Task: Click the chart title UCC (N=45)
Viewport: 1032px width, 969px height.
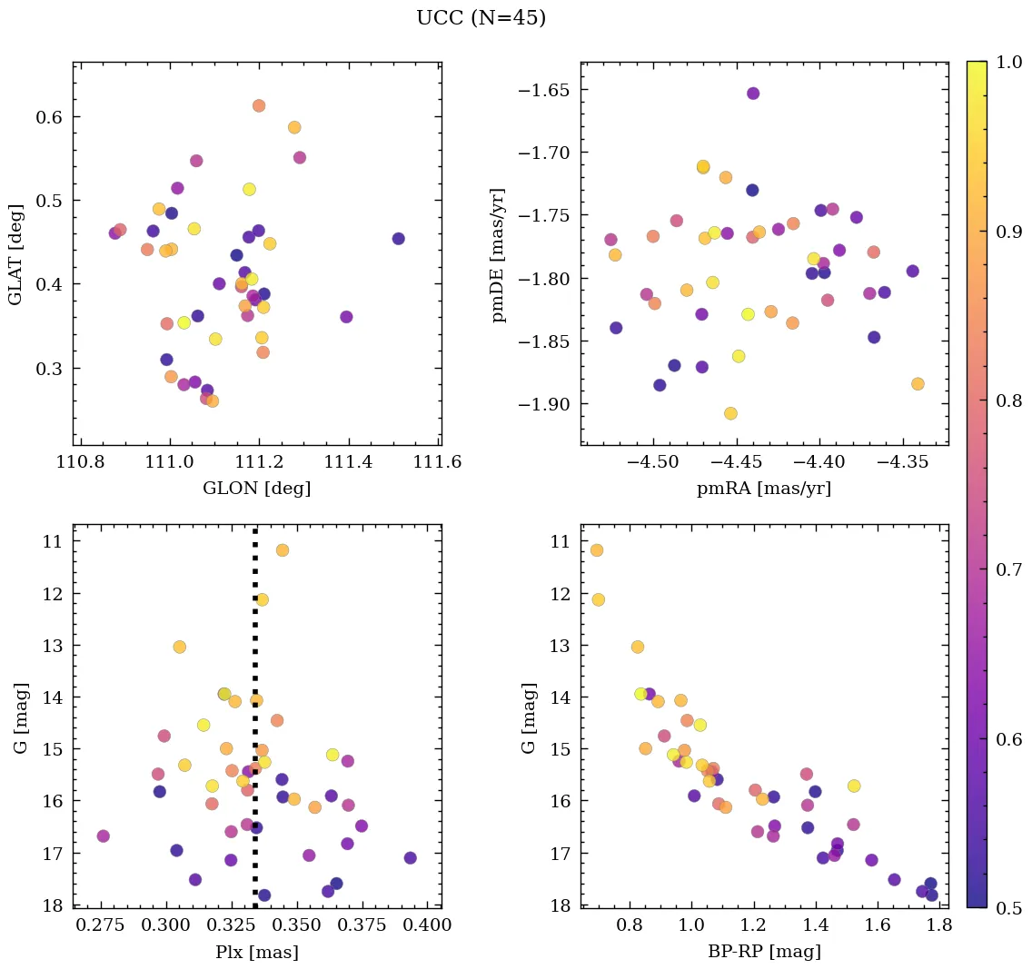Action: click(481, 18)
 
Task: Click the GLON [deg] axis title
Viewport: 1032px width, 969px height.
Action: click(256, 489)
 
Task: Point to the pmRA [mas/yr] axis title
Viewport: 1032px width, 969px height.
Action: click(763, 489)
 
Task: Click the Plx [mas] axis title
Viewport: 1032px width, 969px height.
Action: click(256, 953)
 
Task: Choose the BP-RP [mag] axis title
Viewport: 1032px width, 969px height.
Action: click(763, 953)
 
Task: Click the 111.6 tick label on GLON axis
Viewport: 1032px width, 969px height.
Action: click(438, 461)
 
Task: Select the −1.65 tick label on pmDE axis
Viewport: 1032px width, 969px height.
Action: click(541, 90)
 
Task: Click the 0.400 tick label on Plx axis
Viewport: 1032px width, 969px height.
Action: click(428, 925)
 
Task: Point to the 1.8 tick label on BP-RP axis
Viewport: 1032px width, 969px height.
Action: click(938, 925)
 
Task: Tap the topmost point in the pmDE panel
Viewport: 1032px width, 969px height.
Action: click(752, 94)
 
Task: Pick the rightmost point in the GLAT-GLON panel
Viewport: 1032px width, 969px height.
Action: click(398, 239)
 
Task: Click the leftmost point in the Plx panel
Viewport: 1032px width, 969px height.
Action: click(103, 836)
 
